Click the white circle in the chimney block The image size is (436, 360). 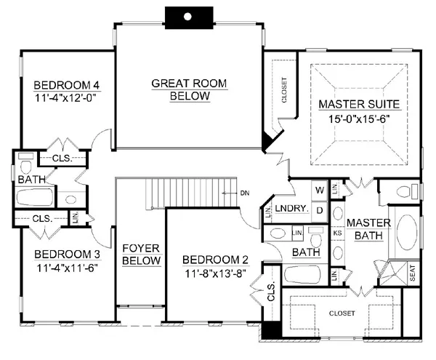tap(187, 17)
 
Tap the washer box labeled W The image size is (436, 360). tap(320, 191)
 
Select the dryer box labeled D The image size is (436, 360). tap(320, 211)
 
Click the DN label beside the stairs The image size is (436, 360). tap(245, 193)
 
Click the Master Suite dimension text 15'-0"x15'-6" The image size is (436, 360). tap(359, 119)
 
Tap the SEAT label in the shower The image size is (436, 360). tap(412, 273)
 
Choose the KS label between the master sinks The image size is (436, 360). tap(337, 233)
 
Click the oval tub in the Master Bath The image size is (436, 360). tap(406, 232)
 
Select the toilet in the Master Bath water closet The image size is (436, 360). tap(407, 192)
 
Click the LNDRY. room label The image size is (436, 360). tap(291, 209)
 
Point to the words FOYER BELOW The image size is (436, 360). tap(141, 255)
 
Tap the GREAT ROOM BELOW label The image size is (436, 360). tap(189, 89)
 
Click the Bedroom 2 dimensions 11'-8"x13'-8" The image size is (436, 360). tap(215, 273)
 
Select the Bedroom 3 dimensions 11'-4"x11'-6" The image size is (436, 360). tap(67, 268)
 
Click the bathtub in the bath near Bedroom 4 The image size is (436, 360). tap(35, 197)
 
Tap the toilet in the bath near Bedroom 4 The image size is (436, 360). tap(26, 164)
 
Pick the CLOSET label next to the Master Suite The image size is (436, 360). tap(284, 90)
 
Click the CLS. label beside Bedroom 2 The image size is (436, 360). tap(271, 292)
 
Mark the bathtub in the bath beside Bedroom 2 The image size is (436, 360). tap(302, 275)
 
